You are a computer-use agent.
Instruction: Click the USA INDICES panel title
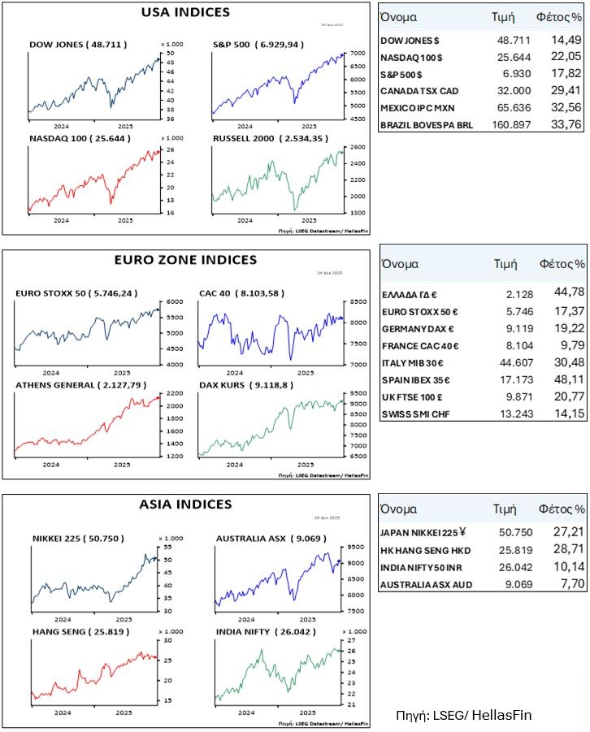click(x=185, y=12)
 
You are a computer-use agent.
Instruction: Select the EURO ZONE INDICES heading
click(x=186, y=260)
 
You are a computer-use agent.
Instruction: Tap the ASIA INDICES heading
click(x=186, y=505)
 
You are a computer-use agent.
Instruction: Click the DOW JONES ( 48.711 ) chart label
click(x=78, y=44)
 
